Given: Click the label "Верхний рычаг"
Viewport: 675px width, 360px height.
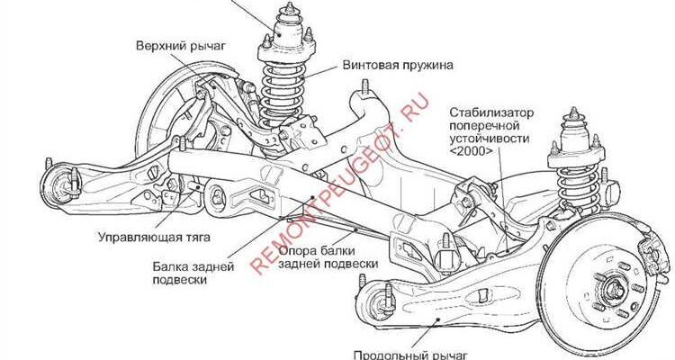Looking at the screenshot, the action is (180, 46).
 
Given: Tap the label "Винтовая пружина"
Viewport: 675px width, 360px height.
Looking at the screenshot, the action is (398, 65).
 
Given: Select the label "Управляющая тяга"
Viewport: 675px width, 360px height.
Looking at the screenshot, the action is (154, 237).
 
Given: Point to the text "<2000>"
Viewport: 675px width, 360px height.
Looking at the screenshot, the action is (472, 151).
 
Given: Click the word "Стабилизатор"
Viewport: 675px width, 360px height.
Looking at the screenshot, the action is (491, 112).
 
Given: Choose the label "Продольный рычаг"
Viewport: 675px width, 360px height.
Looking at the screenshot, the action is (410, 355).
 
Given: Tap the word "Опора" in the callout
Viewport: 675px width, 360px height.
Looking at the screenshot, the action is (298, 250).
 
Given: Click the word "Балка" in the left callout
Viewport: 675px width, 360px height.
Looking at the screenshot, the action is (170, 266).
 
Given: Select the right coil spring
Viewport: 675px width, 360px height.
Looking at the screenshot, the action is (578, 187).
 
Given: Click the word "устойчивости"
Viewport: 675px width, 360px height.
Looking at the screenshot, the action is (490, 139).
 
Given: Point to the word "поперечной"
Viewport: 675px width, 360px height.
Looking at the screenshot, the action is (485, 126).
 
